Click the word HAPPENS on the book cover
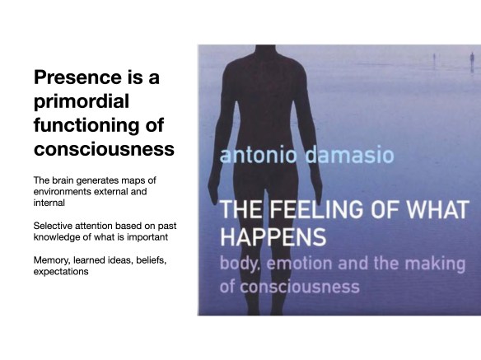click(x=269, y=237)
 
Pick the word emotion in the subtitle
click(x=312, y=266)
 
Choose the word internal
click(x=52, y=203)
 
